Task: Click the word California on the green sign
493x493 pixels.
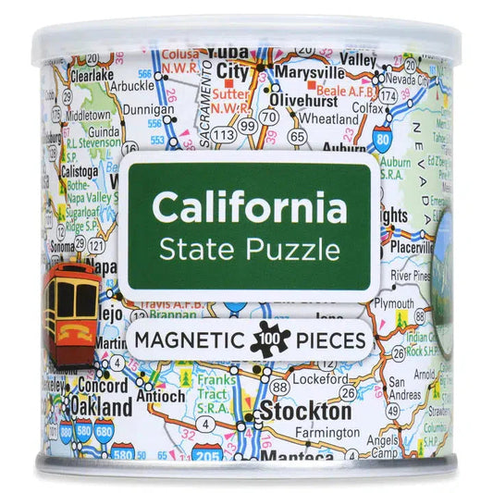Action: tap(250, 208)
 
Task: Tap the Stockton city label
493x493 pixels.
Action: tap(304, 412)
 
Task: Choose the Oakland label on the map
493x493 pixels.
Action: tap(90, 407)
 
